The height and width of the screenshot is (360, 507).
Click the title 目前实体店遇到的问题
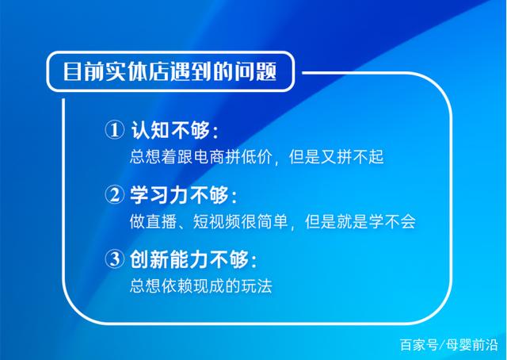click(170, 71)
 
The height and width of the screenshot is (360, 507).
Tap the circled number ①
click(114, 130)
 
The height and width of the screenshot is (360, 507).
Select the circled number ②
click(114, 194)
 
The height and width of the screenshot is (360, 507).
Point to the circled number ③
click(114, 259)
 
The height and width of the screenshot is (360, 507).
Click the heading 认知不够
click(170, 130)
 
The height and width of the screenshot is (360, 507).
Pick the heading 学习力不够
click(180, 194)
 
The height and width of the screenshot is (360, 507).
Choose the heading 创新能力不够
click(189, 259)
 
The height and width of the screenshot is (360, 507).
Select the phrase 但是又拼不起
click(336, 157)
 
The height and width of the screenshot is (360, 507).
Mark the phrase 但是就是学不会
click(360, 222)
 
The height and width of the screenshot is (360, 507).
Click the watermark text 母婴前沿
click(472, 345)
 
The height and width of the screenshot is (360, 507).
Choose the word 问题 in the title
click(256, 71)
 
